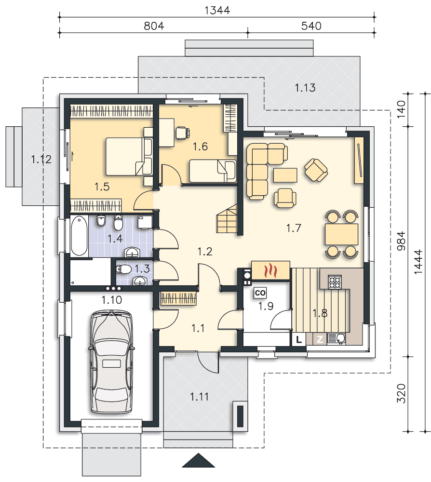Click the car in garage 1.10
pos(111,362)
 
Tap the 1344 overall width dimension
pos(217,10)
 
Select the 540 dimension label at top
pos(311,26)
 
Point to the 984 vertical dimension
pos(401,241)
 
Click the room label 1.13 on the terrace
pos(305,88)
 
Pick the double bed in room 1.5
pos(129,157)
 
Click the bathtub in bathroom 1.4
pos(79,236)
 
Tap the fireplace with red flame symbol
pos(270,270)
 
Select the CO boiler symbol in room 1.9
pos(260,293)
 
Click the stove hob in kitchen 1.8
pos(335,282)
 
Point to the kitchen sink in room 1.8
pos(337,338)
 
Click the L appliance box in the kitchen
pos(298,339)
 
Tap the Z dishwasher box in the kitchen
pos(320,339)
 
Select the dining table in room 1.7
pos(341,234)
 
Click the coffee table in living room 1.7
pos(285,175)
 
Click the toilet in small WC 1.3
pos(124,269)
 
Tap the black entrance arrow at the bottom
pos(198,460)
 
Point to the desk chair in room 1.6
pos(182,133)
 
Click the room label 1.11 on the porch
pos(199,397)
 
